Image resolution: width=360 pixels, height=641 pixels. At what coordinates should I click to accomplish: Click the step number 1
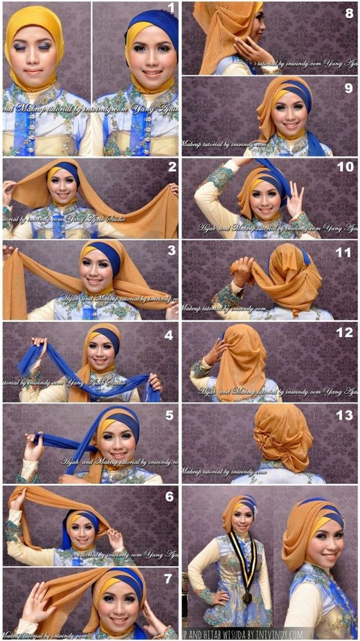pyautogui.click(x=171, y=8)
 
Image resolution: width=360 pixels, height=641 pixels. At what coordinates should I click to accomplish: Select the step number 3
pyautogui.click(x=171, y=250)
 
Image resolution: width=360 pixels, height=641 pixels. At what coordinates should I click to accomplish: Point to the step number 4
pyautogui.click(x=169, y=333)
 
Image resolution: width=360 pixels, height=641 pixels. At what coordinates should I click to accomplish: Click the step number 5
pyautogui.click(x=169, y=415)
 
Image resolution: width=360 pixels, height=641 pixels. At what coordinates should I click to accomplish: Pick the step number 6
pyautogui.click(x=169, y=497)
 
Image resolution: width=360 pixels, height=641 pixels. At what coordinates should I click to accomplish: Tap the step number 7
pyautogui.click(x=169, y=579)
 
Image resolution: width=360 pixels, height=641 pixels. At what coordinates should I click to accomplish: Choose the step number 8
pyautogui.click(x=349, y=12)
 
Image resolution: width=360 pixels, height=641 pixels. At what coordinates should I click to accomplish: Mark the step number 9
pyautogui.click(x=349, y=88)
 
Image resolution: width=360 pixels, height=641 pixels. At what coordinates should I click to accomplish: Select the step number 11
pyautogui.click(x=345, y=252)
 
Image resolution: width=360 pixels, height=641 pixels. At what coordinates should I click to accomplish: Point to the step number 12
pyautogui.click(x=345, y=333)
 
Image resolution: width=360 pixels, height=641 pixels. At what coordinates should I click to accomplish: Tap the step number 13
pyautogui.click(x=345, y=415)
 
